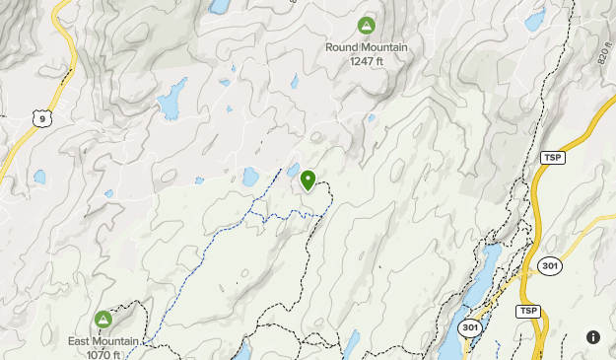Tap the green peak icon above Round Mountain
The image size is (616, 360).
click(x=366, y=25)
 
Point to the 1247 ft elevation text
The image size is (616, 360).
click(x=366, y=61)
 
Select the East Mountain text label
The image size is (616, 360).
click(x=103, y=342)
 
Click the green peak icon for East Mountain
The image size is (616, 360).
click(x=103, y=320)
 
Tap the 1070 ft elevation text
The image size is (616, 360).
click(x=103, y=354)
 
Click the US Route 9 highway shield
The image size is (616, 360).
click(x=40, y=118)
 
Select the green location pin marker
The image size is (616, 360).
click(x=308, y=180)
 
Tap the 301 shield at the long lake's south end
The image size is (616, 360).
click(x=469, y=327)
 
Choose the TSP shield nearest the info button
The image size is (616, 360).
click(x=528, y=312)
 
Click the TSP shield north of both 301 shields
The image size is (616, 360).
click(x=552, y=158)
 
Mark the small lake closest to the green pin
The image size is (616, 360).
click(x=294, y=171)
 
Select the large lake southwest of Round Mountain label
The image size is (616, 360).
click(x=171, y=100)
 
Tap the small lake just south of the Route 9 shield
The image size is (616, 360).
click(x=39, y=178)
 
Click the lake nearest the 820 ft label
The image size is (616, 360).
click(x=534, y=20)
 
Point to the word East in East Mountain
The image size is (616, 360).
click(x=82, y=342)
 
